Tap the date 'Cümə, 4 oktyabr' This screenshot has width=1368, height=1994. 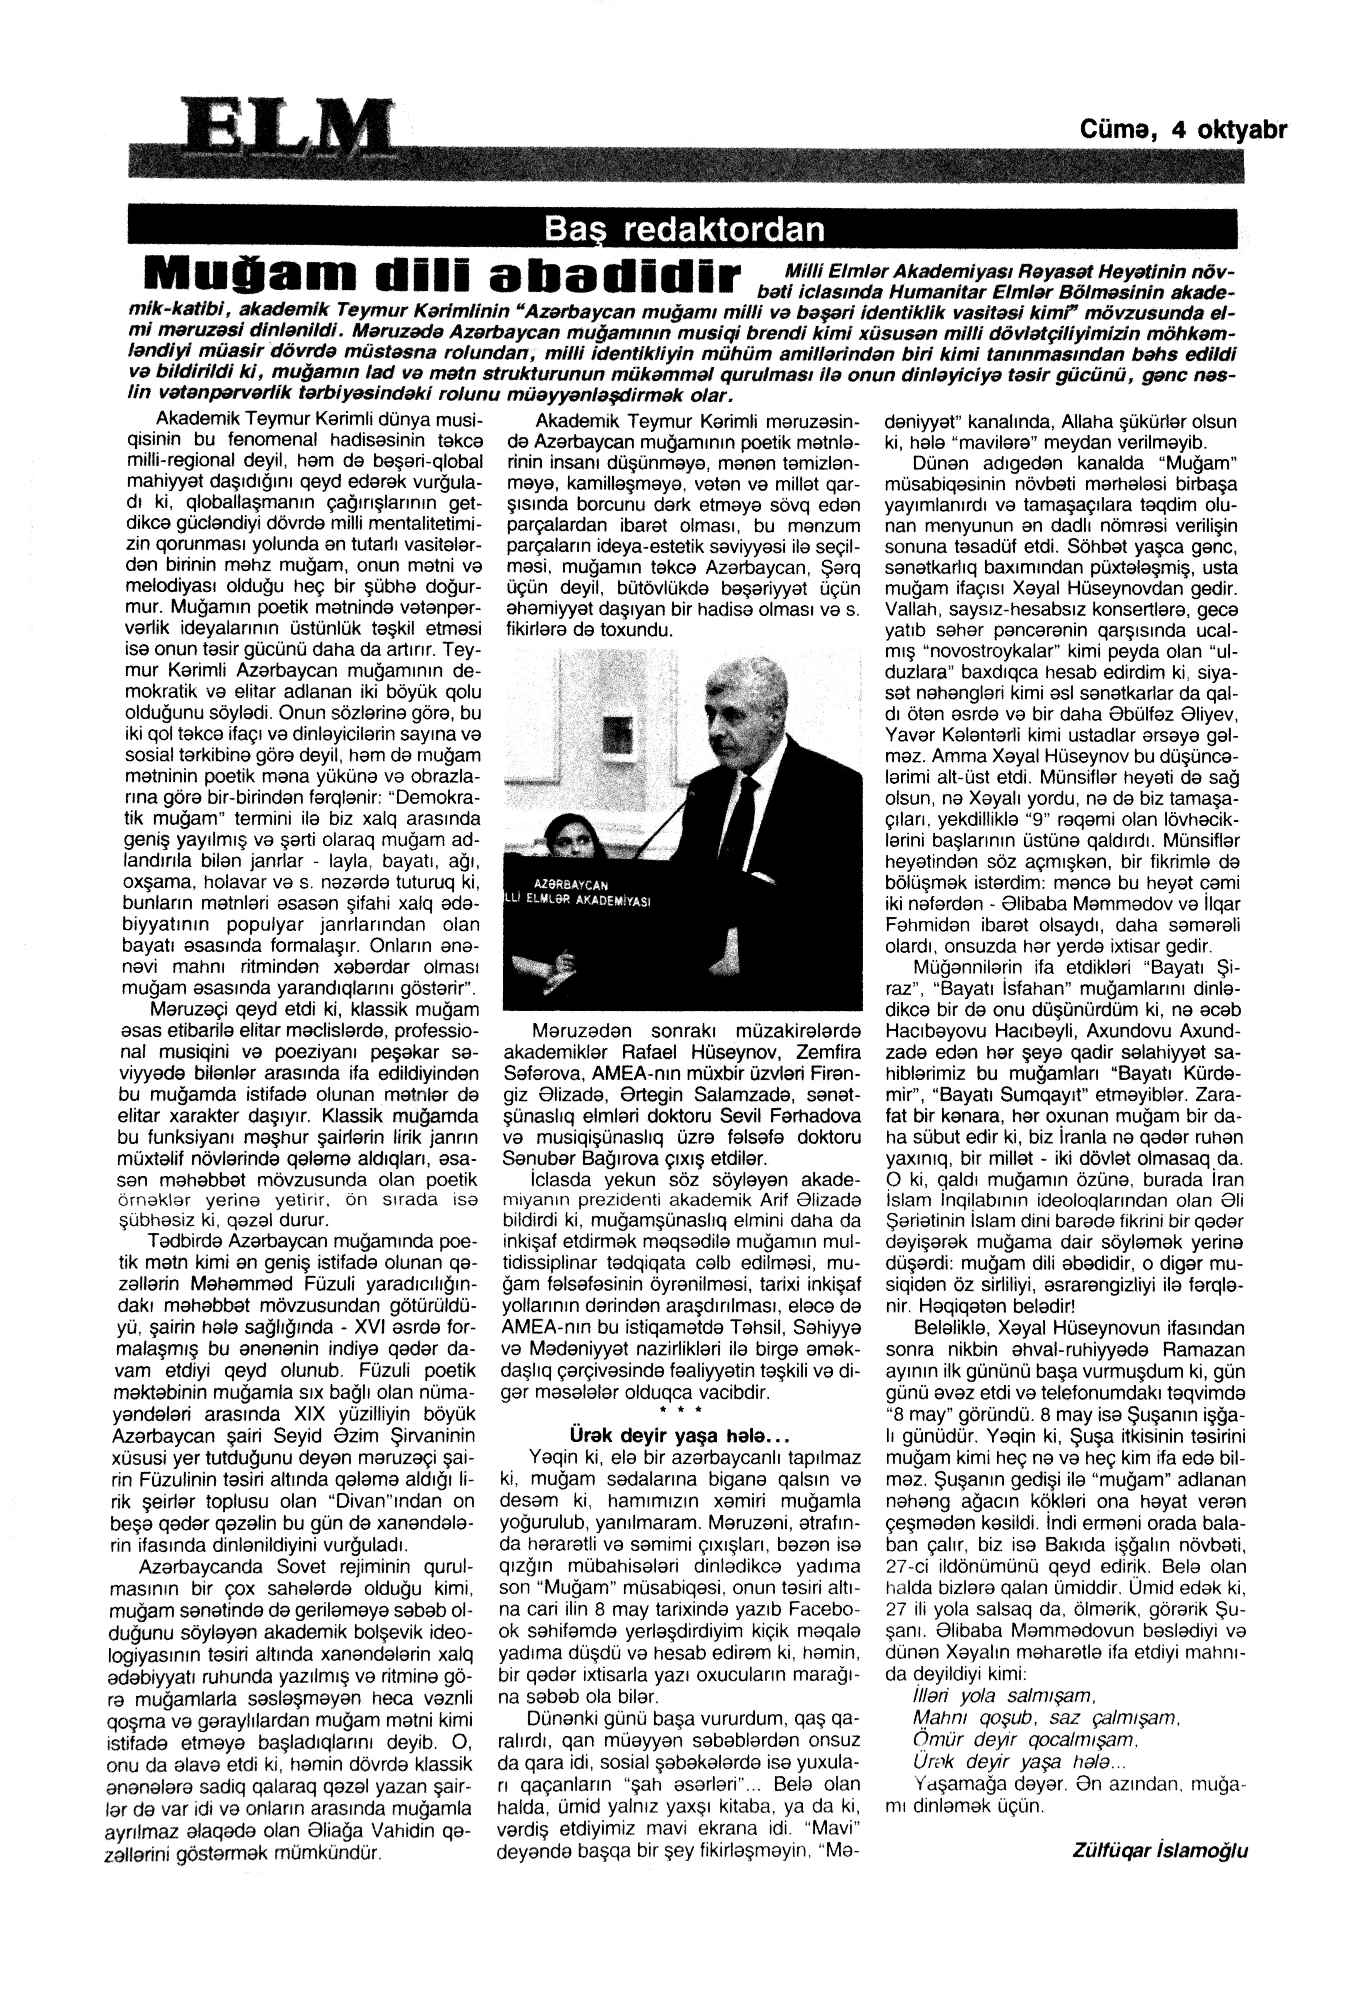click(1183, 130)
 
